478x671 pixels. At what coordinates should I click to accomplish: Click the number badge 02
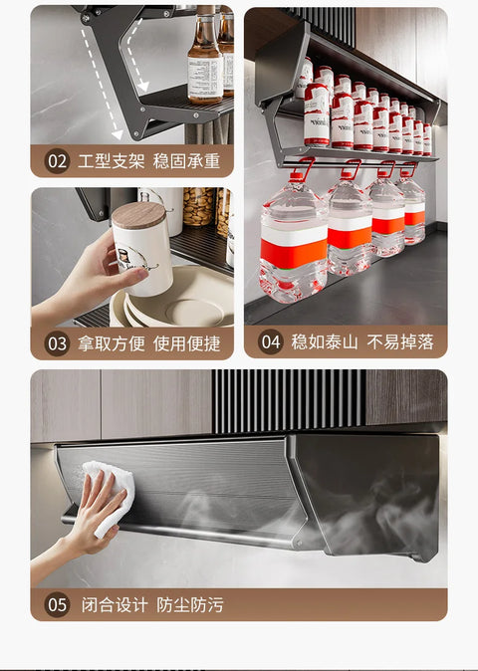[56, 160]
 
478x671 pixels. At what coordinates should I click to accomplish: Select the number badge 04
[270, 341]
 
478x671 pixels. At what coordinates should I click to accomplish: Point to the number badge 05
[56, 603]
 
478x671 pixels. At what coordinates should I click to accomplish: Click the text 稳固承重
[186, 160]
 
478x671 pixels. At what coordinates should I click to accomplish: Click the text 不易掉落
[399, 341]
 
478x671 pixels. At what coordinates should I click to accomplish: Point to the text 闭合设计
[112, 603]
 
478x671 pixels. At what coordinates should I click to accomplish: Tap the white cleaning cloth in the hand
[110, 488]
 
